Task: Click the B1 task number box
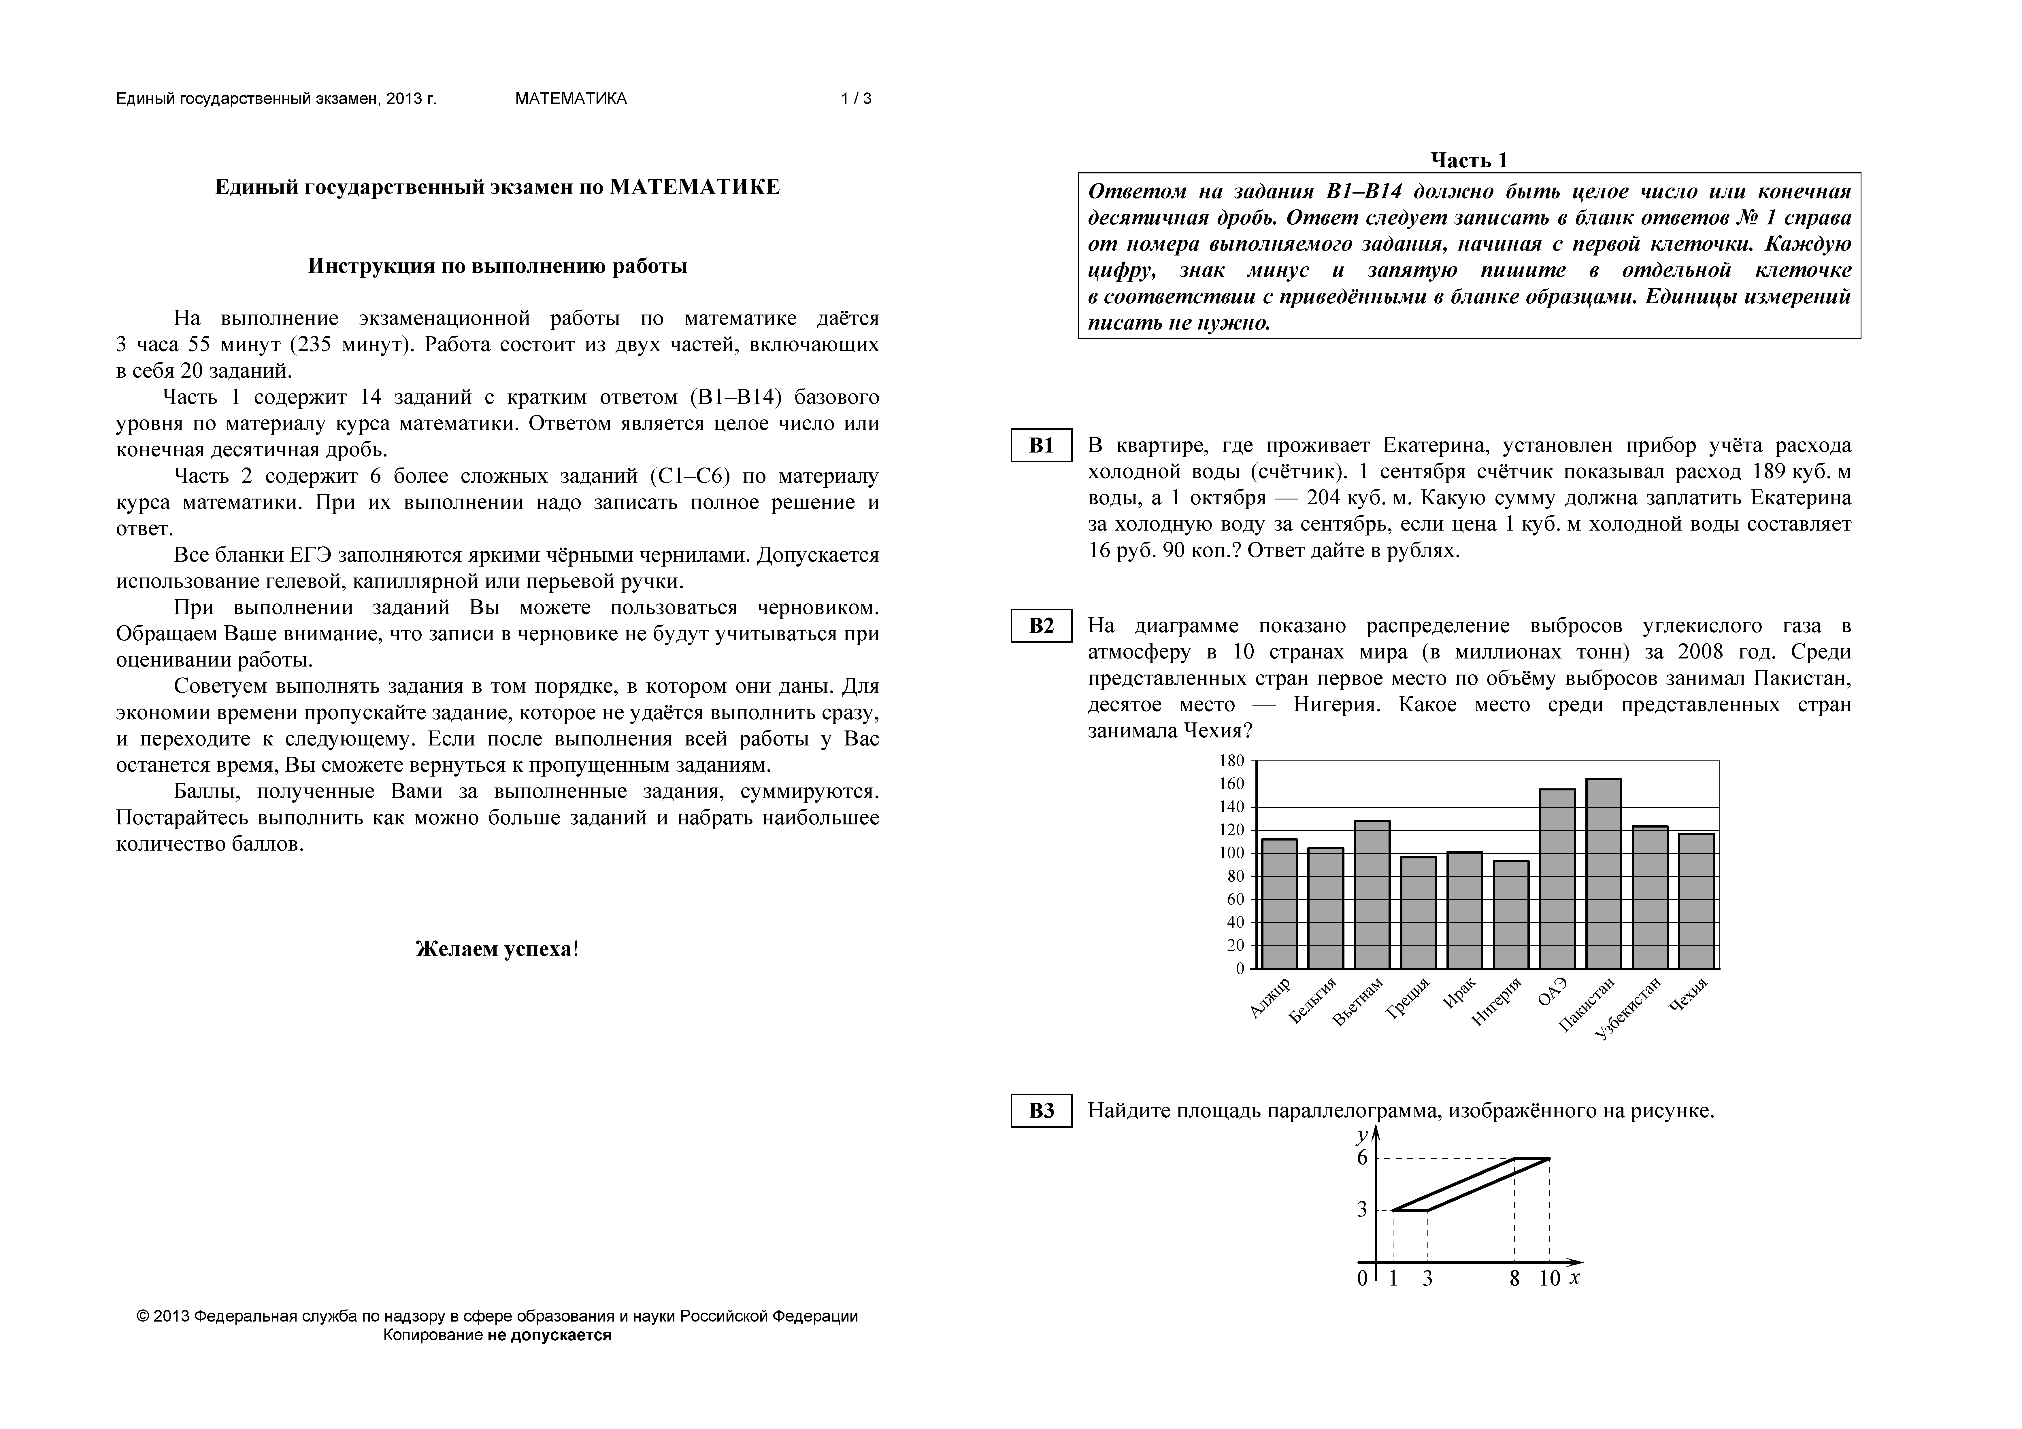[x=1041, y=446]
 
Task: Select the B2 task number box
[x=1041, y=626]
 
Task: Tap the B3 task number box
[x=1041, y=1111]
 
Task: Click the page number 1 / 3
[x=856, y=99]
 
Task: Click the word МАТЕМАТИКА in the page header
[x=571, y=99]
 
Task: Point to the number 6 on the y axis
[x=1362, y=1158]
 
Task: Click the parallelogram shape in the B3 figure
[x=1471, y=1184]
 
